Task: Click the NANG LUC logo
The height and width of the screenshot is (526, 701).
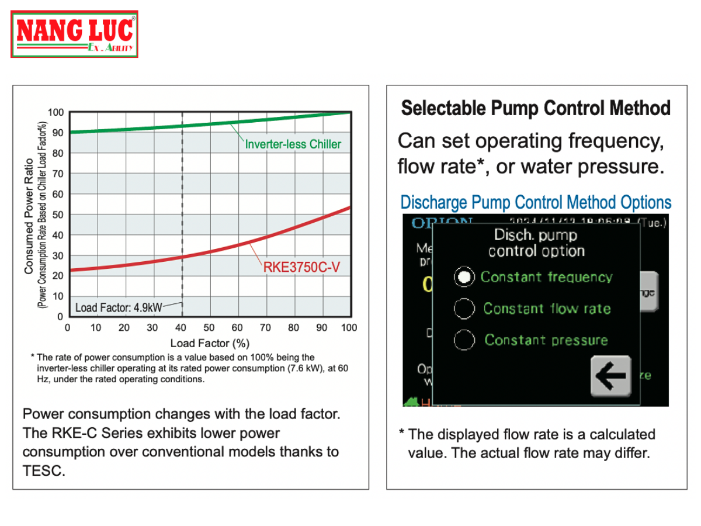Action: pos(75,34)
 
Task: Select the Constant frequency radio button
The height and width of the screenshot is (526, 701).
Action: pos(464,277)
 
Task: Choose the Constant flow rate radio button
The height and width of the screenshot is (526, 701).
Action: pos(464,309)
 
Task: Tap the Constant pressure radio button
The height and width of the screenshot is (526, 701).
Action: pos(464,340)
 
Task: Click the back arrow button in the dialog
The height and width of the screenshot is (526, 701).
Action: pos(611,375)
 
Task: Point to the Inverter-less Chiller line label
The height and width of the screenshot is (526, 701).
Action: pos(293,144)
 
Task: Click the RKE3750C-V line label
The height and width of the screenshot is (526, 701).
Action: pos(301,268)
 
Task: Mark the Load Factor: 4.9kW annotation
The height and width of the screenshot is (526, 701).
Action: pos(119,307)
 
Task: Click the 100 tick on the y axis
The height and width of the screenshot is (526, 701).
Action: pos(55,112)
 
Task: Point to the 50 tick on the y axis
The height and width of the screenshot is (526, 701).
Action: pos(58,214)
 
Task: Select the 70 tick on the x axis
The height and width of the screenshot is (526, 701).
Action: pos(265,328)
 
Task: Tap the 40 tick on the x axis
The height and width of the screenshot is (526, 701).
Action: pos(181,328)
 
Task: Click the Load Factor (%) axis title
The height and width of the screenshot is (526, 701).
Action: pos(210,343)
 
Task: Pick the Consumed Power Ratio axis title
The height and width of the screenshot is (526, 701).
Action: pos(28,216)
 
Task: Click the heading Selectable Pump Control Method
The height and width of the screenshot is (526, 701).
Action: pos(536,108)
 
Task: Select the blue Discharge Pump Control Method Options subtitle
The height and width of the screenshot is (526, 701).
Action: pos(536,203)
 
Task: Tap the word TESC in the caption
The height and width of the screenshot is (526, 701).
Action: pos(43,471)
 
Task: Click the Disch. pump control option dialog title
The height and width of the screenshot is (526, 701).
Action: pos(536,243)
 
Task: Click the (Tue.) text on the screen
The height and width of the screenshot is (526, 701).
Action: pos(652,222)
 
